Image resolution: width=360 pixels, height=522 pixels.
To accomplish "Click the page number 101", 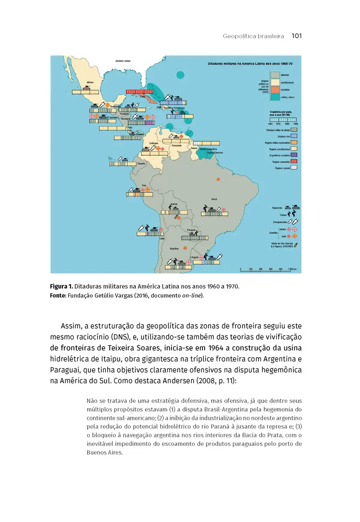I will (x=296, y=36).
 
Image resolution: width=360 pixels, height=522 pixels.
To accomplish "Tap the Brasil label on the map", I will (x=214, y=199).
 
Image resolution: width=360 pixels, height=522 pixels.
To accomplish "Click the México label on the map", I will (x=91, y=81).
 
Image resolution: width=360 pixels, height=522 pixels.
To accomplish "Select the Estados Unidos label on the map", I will (x=123, y=61).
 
